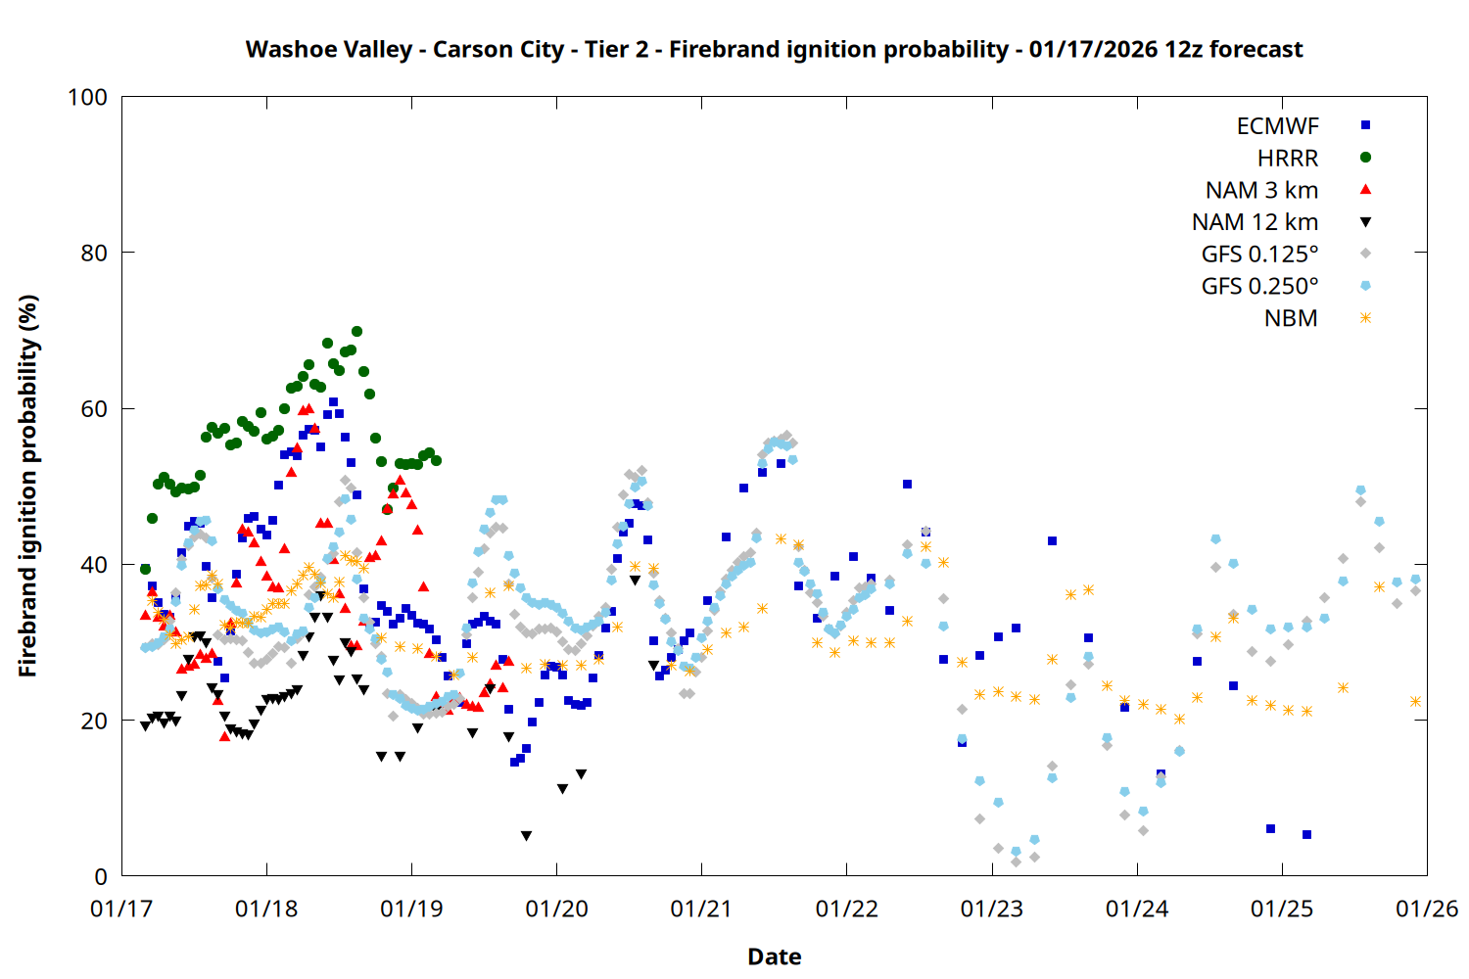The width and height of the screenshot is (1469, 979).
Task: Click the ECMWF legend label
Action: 1277,126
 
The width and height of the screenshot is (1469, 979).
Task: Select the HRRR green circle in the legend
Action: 1365,158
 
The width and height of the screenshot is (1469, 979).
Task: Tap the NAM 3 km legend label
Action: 1261,190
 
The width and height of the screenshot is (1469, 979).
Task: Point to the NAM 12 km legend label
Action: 1255,222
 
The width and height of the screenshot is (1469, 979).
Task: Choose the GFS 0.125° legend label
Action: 1259,255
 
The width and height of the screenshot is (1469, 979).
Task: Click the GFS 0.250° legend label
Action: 1259,287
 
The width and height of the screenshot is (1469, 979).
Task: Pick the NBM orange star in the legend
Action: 1365,318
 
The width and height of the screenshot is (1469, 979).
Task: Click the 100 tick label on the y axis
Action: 87,98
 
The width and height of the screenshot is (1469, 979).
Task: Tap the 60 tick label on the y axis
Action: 94,409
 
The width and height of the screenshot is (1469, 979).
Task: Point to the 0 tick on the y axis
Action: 101,877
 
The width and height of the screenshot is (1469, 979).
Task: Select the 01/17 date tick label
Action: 121,909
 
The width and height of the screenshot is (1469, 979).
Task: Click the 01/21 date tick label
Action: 701,909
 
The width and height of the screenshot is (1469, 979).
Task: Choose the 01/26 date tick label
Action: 1426,909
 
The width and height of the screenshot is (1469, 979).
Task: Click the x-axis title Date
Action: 774,956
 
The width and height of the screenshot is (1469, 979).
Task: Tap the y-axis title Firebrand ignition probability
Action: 28,486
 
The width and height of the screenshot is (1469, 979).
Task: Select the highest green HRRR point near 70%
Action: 356,332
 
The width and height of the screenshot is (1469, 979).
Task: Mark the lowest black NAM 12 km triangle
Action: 526,836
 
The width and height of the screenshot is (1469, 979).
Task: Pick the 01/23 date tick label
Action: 991,909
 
